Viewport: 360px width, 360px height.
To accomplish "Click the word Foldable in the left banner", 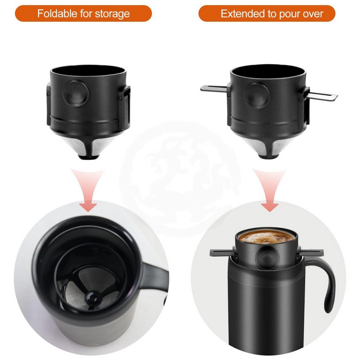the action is point(57,13).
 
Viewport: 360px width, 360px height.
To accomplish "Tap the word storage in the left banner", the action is point(112,14).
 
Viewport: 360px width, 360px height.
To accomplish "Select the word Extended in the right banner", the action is point(243,14).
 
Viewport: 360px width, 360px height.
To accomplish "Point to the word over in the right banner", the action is point(313,14).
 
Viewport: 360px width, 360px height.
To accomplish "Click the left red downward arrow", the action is point(88,190).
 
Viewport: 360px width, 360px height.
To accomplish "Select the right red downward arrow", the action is point(270,190).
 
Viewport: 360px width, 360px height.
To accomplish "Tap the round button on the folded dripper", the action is point(76,93).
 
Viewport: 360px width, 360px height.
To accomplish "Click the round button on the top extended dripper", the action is point(257,96).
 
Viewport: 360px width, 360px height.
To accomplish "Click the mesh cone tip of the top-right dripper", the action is point(270,156).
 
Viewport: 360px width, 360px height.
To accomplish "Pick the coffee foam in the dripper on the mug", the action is point(266,237).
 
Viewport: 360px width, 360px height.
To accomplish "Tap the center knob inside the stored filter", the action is point(92,299).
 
